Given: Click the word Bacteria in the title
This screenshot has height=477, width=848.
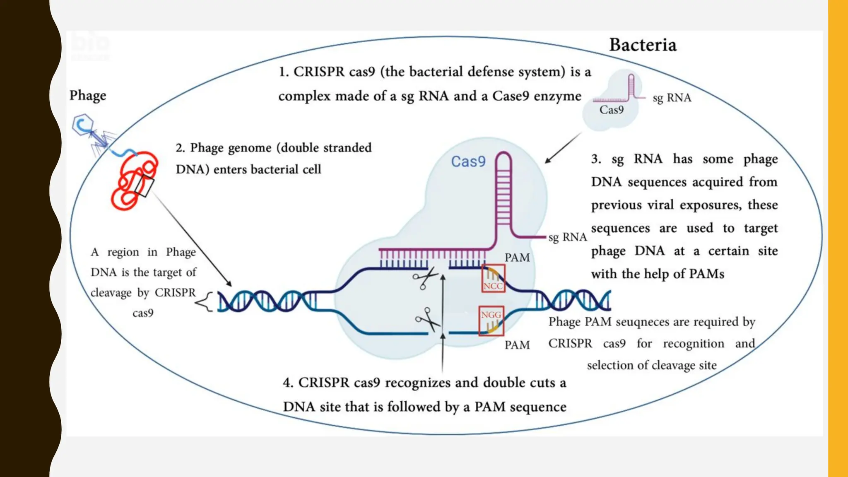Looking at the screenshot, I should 643,45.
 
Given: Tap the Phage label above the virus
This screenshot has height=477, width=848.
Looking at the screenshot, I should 87,96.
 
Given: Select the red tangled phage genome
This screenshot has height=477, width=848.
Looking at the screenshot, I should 133,181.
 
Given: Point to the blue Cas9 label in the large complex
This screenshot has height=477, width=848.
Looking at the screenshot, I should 468,161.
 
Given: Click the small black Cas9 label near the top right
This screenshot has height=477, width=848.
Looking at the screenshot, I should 611,110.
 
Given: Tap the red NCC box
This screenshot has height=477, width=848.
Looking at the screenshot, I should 493,279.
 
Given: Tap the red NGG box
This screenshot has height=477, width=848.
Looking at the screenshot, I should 491,320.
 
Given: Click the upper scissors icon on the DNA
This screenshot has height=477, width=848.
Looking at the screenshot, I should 425,277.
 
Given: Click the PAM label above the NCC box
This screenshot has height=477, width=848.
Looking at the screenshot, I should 517,258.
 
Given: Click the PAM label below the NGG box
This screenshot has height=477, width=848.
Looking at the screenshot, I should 517,345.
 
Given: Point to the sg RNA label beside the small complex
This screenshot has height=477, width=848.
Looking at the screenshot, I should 672,98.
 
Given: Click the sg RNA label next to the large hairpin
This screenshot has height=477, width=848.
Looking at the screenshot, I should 567,237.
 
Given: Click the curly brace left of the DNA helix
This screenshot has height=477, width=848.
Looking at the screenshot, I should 204,301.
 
